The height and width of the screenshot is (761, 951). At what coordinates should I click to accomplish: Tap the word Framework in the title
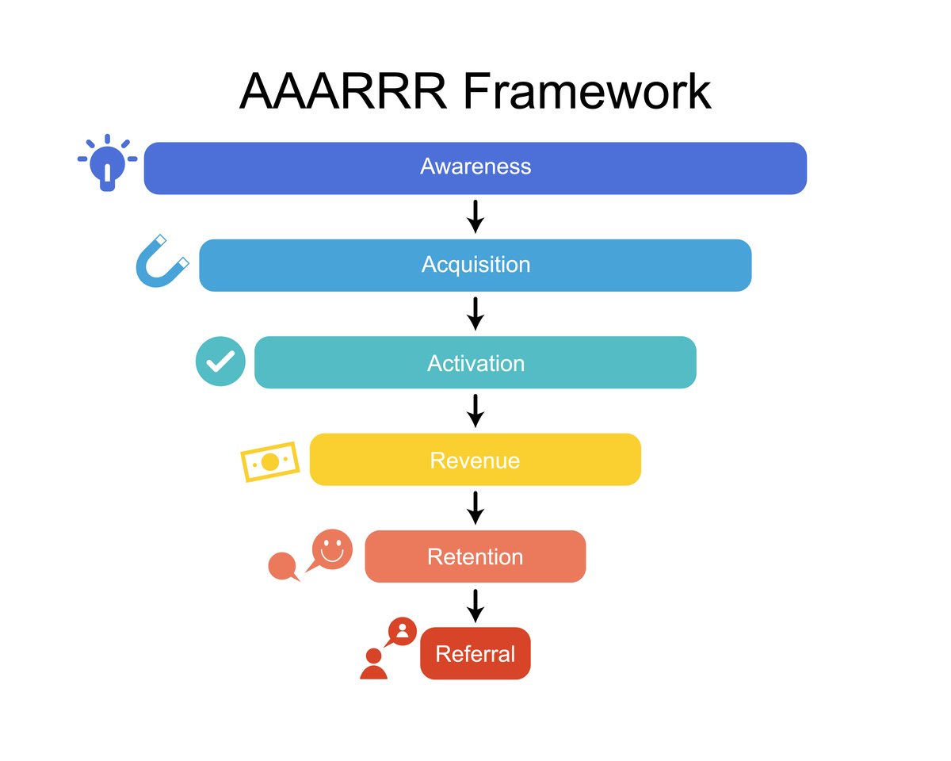coord(587,91)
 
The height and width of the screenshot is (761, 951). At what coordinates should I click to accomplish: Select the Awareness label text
coord(475,166)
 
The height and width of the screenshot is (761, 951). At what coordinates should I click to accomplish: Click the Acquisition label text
coord(475,264)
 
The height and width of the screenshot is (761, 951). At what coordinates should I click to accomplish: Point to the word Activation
coord(475,363)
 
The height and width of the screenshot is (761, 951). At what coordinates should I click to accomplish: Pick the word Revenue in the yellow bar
coord(475,460)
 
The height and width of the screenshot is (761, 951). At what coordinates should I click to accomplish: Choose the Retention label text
coord(475,556)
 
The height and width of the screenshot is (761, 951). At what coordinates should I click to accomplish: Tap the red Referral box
coord(475,653)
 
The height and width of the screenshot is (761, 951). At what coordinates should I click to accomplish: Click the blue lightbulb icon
coord(108,163)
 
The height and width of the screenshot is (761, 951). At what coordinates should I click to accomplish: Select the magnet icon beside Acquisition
coord(161,262)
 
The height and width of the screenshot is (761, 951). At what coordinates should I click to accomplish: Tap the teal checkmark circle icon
coord(220,361)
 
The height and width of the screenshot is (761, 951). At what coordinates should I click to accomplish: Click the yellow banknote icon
coord(270,461)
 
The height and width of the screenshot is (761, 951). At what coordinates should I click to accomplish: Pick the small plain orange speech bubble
coord(283,567)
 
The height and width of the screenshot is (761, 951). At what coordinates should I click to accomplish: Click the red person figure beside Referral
coord(373,664)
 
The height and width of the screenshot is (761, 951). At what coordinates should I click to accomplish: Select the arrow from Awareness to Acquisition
coord(475,216)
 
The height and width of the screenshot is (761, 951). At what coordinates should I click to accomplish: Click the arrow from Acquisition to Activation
coord(475,314)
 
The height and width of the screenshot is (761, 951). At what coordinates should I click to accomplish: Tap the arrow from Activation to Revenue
coord(475,411)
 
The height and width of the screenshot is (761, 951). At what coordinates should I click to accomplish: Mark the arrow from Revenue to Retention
coord(475,508)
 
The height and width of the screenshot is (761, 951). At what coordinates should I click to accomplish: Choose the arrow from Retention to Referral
coord(475,606)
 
